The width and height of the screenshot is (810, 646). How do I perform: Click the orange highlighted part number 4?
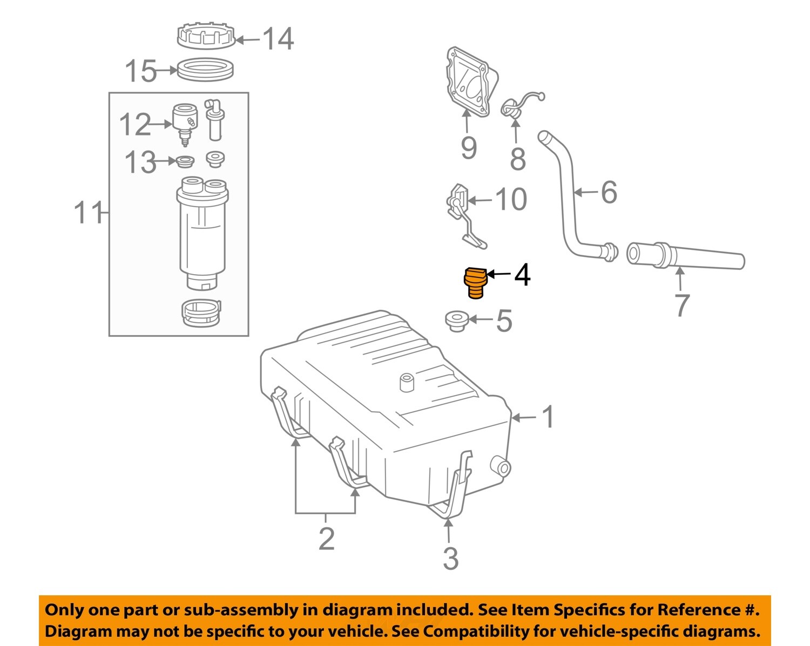(475, 282)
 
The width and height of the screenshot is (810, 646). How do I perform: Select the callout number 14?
(278, 39)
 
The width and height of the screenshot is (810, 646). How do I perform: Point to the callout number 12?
(135, 125)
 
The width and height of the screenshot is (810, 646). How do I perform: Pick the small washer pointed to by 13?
(185, 161)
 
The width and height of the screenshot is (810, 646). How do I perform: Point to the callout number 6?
(609, 192)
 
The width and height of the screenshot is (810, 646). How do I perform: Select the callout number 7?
(682, 305)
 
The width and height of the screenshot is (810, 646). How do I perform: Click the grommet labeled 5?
(456, 320)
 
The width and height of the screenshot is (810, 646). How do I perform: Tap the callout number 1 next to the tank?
(548, 417)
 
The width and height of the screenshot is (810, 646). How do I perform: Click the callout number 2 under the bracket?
(326, 539)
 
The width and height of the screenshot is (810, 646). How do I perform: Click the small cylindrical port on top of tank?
(406, 382)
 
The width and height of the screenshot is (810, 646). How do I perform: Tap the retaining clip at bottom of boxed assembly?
(200, 313)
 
